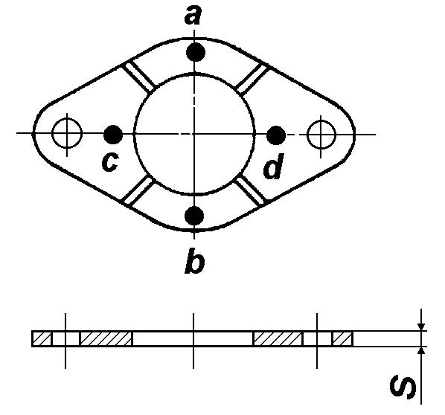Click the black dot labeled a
[196, 52]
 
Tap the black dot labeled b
[194, 216]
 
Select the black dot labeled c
[113, 135]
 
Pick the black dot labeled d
[276, 135]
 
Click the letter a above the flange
[193, 15]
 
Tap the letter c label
[110, 162]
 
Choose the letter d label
[274, 167]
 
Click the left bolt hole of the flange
[67, 133]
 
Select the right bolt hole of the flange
[321, 135]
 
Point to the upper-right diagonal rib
[252, 78]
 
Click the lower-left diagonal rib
[138, 190]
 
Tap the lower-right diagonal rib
[250, 190]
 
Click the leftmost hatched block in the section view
[42, 339]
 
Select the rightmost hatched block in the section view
[342, 339]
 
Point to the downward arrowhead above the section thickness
[421, 326]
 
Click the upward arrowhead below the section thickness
[421, 351]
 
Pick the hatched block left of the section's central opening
[106, 339]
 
